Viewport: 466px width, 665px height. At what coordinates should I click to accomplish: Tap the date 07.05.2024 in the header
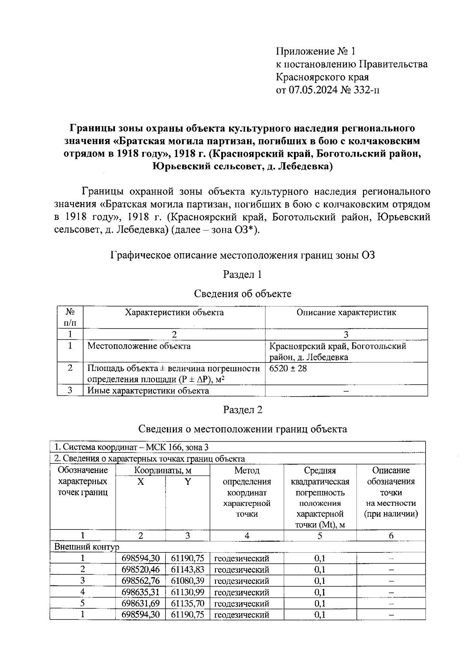click(313, 90)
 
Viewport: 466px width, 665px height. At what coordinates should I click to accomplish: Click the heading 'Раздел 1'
click(242, 275)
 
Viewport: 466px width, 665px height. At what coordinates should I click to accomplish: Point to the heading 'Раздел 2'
click(242, 410)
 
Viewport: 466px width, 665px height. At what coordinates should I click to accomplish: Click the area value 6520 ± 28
click(288, 368)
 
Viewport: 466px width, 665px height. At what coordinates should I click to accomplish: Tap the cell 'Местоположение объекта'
click(139, 346)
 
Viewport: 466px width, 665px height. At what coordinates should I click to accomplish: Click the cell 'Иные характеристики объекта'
click(148, 391)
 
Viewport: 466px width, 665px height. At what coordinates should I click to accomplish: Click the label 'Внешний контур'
click(86, 547)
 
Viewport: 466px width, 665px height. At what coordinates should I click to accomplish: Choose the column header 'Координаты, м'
click(163, 470)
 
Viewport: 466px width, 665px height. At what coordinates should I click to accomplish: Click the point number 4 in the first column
click(82, 592)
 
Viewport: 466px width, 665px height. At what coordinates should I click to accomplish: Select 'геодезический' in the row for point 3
click(242, 581)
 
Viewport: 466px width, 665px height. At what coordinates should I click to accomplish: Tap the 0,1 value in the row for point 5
click(320, 604)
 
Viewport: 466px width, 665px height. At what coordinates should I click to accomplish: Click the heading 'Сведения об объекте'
click(242, 294)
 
